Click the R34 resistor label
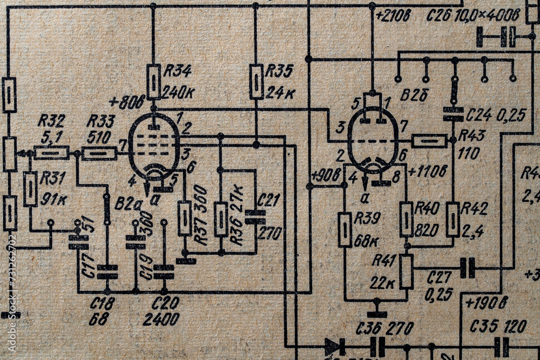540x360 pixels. tap(177, 70)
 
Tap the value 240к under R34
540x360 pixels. tap(178, 92)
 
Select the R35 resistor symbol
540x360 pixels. tap(256, 81)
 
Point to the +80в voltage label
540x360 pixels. tap(127, 102)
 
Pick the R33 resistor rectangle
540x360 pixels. tap(99, 153)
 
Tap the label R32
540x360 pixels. tap(52, 120)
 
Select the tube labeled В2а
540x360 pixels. tap(154, 147)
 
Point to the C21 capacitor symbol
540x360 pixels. tap(255, 217)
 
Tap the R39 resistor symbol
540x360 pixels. tap(345, 230)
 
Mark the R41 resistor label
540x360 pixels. tap(384, 260)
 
